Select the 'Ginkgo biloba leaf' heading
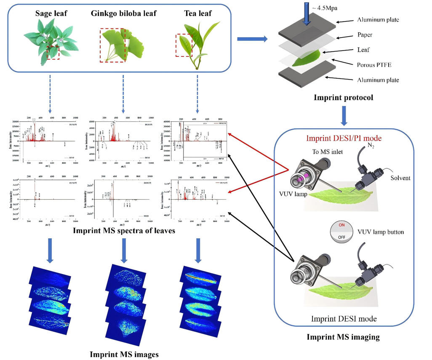[123, 14]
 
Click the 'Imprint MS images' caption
[124, 354]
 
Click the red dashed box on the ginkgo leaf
[112, 45]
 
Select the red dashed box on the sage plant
[53, 52]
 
